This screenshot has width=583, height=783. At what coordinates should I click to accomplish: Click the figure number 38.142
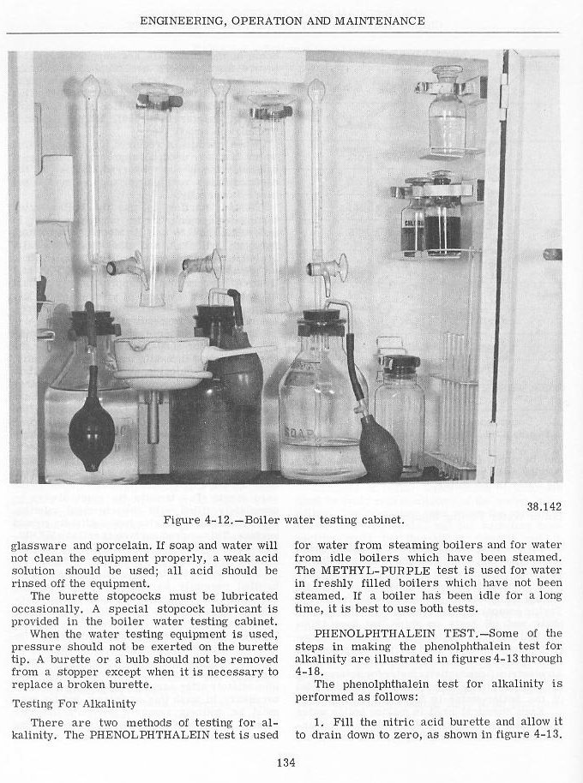point(545,506)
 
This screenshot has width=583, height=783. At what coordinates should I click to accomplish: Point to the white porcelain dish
point(163,353)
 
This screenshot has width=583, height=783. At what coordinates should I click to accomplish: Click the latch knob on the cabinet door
point(553,254)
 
